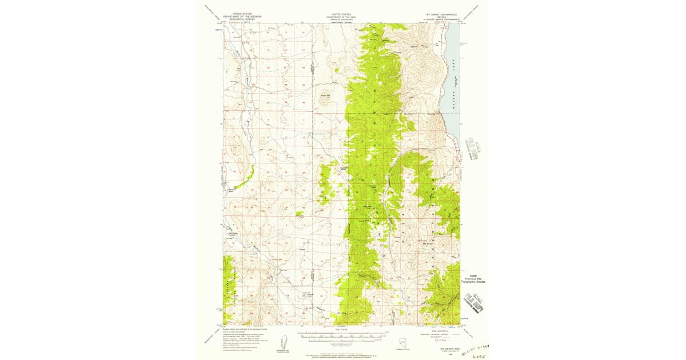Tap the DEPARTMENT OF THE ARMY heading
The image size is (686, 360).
(341, 17)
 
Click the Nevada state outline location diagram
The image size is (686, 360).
(402, 341)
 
